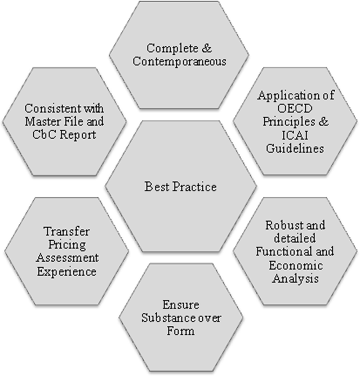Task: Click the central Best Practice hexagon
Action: [180, 186]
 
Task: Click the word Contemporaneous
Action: [180, 61]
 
